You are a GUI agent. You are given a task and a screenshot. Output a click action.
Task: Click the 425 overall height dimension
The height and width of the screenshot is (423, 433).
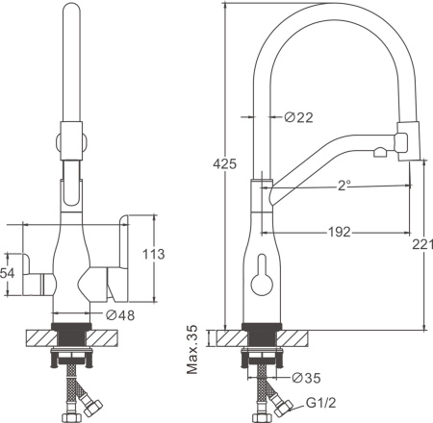225,163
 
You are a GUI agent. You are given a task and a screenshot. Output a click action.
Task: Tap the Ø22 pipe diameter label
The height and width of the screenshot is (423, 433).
298,117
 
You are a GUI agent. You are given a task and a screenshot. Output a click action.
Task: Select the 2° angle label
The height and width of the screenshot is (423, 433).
344,186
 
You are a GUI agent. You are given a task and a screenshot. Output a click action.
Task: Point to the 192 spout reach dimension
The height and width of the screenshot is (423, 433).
340,232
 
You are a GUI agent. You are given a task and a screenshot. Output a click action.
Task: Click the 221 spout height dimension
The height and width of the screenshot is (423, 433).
422,244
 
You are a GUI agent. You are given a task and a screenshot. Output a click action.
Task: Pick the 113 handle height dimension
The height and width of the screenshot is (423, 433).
154,254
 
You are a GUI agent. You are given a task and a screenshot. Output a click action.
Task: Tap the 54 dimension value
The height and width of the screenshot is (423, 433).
8,273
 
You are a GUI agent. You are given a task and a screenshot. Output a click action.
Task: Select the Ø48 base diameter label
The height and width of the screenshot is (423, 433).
120,315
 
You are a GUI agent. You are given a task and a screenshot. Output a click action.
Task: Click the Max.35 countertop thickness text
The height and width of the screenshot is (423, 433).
192,349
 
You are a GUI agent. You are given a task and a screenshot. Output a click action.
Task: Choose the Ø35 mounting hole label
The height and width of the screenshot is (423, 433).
306,378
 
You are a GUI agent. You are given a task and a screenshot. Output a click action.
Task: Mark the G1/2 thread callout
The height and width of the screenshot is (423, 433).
321,403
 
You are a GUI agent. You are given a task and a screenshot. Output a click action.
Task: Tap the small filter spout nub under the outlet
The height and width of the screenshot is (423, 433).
380,152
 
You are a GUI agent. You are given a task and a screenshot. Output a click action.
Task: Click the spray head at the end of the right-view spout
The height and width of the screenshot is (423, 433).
408,141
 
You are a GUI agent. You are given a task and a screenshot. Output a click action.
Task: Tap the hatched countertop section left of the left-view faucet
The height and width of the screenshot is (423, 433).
41,337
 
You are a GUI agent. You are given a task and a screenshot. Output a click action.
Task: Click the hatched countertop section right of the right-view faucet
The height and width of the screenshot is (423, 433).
293,337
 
